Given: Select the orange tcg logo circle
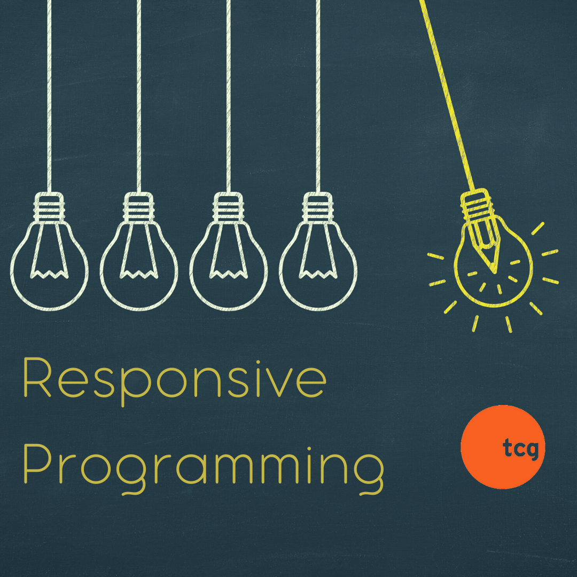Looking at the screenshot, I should (x=502, y=447).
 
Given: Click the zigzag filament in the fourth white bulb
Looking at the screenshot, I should (x=318, y=274).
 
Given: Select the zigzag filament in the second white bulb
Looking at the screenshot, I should (x=139, y=274).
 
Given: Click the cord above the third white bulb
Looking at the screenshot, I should (x=229, y=96).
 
